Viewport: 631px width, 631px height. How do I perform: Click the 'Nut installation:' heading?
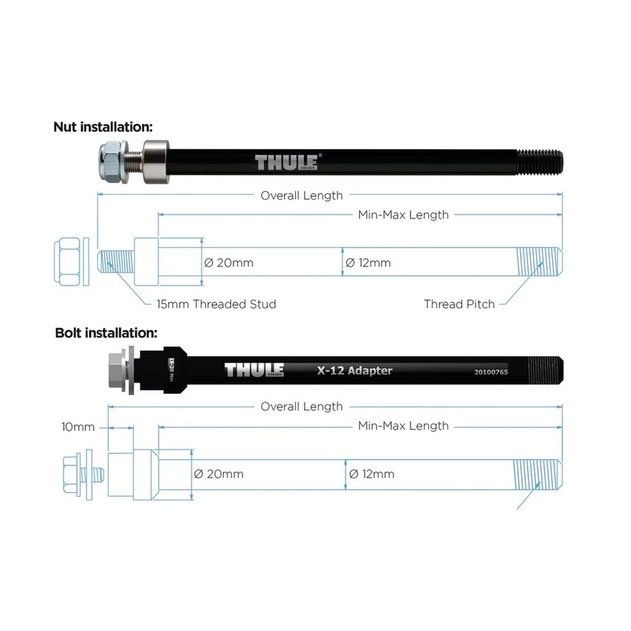point(103,126)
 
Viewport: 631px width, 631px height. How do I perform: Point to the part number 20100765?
point(491,371)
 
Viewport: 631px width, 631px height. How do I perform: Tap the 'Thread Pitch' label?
point(459,304)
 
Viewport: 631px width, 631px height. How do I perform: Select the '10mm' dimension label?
point(77,427)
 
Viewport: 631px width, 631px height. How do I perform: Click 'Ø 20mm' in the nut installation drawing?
point(230,263)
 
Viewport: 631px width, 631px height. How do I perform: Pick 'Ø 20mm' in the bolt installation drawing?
point(218,474)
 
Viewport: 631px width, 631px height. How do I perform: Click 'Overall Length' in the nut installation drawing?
point(302,195)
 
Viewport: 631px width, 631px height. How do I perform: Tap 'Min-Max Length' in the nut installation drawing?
point(403,215)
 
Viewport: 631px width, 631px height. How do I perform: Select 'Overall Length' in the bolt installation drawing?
point(302,406)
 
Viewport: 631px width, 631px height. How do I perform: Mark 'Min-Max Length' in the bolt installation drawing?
point(403,426)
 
